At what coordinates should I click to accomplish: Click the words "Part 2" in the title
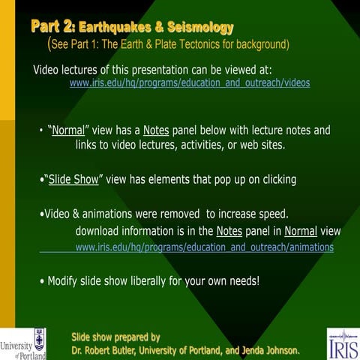point(52,28)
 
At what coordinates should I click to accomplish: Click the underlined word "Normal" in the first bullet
point(67,130)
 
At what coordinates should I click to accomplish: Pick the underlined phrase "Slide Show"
point(75,180)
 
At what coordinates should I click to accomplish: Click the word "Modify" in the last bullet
point(64,281)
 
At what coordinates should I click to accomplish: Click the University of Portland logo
point(23,343)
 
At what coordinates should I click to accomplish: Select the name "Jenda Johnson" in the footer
point(269,350)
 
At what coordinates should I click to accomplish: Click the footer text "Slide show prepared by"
point(115,337)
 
